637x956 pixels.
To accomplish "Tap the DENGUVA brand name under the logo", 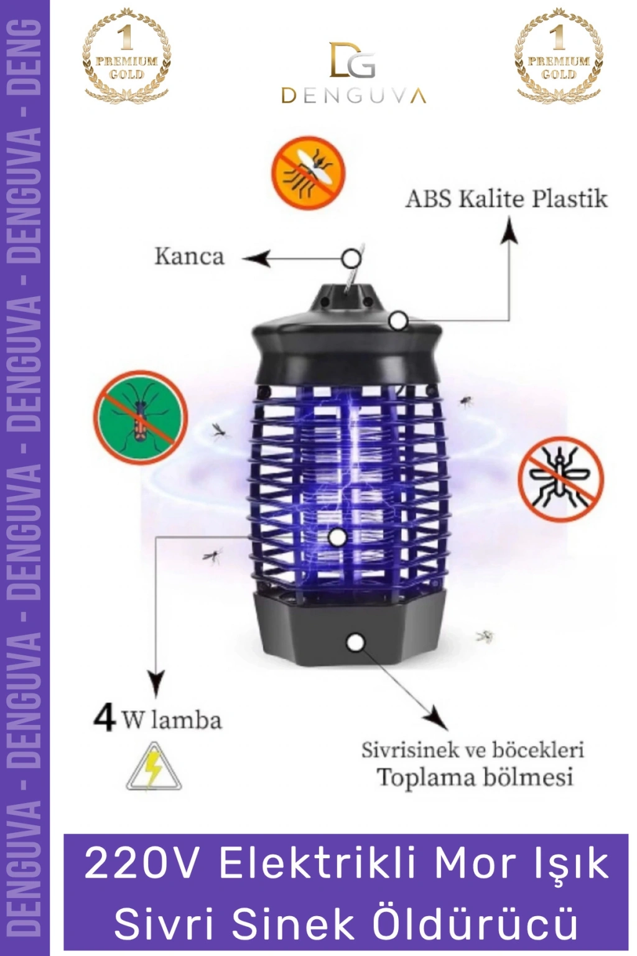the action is (354, 96).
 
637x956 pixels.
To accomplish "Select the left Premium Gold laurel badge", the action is (126, 53).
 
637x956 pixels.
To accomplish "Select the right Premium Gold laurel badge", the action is (559, 53).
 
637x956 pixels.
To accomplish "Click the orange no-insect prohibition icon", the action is (309, 173).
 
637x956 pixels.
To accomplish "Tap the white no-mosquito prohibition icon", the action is (560, 479).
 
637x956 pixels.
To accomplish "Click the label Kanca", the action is (189, 257).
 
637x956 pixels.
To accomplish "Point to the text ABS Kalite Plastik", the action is (506, 199).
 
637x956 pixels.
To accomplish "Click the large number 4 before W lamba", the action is (105, 719).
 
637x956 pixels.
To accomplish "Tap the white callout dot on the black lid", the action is (399, 321).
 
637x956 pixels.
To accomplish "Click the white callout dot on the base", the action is (356, 643).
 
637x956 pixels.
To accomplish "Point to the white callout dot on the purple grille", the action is (338, 537).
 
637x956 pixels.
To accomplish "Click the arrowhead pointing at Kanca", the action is (256, 259).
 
